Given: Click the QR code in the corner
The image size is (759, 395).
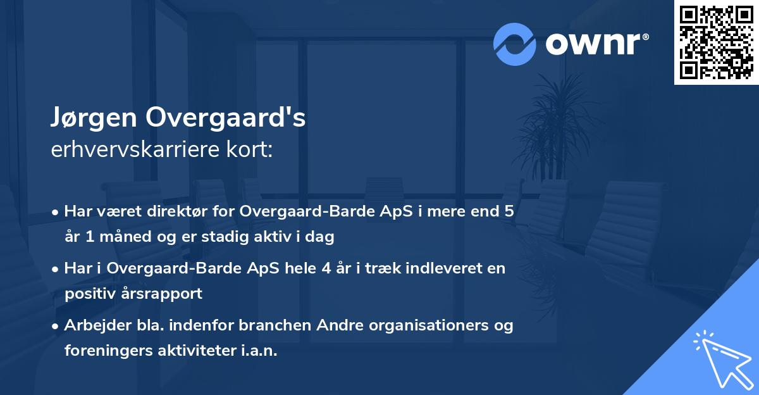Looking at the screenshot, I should (717, 42).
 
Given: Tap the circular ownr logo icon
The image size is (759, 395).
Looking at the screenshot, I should (515, 44).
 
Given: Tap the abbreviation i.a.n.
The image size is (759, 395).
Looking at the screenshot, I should (261, 350).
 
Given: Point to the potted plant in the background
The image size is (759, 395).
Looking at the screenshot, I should (557, 127).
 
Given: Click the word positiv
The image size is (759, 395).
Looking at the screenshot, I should (89, 293).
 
